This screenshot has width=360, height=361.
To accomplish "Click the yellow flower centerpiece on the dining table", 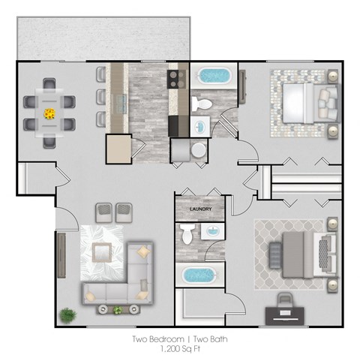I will [x=50, y=113].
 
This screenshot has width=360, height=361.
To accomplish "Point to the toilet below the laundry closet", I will [x=187, y=236].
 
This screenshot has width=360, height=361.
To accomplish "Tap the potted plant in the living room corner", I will [x=67, y=314].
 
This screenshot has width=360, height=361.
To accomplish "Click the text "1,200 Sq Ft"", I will [x=179, y=349].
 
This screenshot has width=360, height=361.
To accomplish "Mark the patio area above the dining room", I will [x=101, y=36].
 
